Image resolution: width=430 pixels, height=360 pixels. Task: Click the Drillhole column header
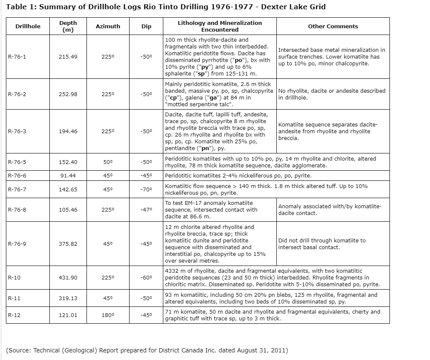28,26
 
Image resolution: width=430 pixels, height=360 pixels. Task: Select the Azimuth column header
108,26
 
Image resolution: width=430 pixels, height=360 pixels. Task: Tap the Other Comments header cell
333,26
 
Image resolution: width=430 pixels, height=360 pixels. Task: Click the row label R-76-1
17,56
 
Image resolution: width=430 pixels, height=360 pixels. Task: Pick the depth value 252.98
68,94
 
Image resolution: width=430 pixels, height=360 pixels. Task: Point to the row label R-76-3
17,132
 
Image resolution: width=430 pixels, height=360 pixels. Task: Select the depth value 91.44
68,176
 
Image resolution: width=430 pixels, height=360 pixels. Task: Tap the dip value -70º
146,190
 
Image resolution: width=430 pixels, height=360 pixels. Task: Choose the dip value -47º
146,210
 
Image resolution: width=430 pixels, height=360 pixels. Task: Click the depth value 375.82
68,244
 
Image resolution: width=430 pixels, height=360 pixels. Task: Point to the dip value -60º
146,278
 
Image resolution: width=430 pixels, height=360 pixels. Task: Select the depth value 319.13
68,298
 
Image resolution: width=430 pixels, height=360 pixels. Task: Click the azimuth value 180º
108,315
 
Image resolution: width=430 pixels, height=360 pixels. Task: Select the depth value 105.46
68,210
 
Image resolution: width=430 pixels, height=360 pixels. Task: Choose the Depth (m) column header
68,26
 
